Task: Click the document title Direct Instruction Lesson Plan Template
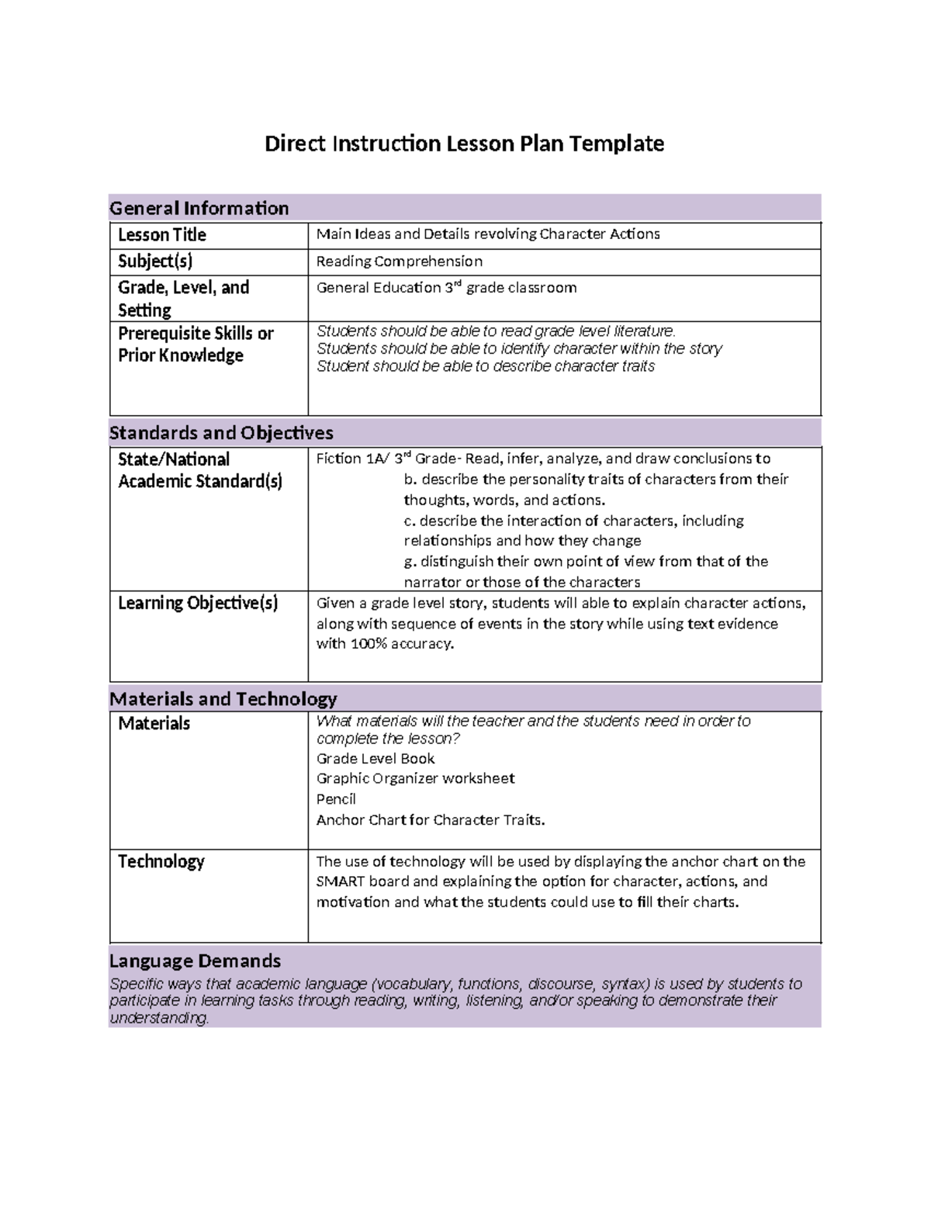(464, 144)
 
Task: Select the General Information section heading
(199, 208)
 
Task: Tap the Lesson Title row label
(161, 235)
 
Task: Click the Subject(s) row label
(155, 261)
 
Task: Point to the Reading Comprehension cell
(399, 261)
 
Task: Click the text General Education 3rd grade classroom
(446, 288)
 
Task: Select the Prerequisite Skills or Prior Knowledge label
(195, 345)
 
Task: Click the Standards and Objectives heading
(221, 433)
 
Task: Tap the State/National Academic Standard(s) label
(199, 470)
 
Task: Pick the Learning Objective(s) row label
(197, 603)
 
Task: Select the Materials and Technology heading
(223, 699)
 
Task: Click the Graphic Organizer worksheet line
(415, 778)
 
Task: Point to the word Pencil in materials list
(336, 799)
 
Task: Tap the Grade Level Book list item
(376, 758)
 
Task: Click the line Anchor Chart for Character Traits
(431, 820)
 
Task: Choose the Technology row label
(161, 861)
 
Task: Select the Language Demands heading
(195, 961)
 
